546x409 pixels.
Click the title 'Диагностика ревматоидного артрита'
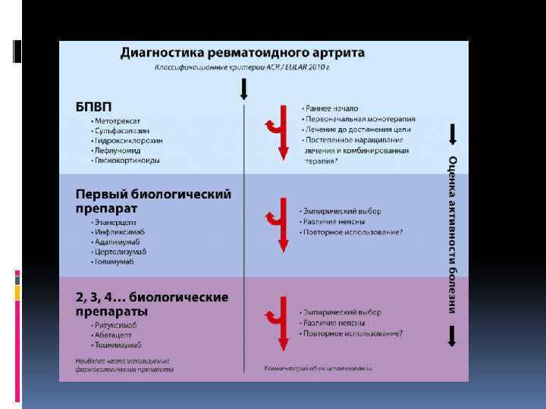[x=243, y=54]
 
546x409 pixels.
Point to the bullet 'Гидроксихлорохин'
[x=124, y=141]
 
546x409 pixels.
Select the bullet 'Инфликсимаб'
[x=119, y=232]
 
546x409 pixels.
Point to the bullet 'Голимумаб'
[x=116, y=261]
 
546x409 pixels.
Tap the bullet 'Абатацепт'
[x=115, y=335]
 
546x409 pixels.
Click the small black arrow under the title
[x=243, y=89]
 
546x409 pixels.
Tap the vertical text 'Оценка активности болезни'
[x=452, y=235]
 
